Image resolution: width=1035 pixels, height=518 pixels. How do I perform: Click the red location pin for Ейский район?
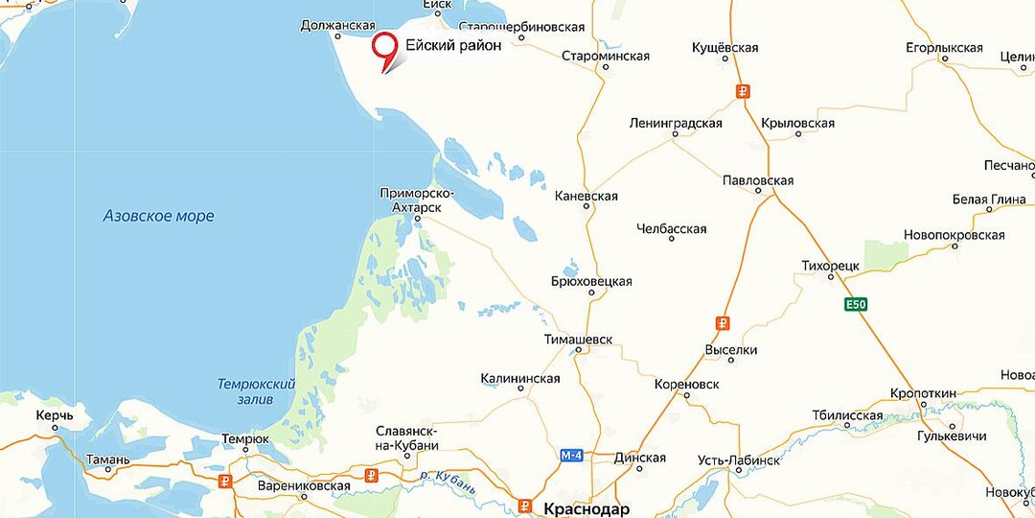[386, 48]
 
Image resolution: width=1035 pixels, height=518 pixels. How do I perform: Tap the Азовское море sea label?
[159, 216]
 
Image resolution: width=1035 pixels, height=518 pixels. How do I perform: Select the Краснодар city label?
[586, 507]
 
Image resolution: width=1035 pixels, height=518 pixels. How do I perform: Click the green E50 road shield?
[856, 305]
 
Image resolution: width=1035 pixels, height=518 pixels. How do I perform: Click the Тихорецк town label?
[831, 264]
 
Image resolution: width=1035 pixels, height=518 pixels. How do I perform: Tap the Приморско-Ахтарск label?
[417, 200]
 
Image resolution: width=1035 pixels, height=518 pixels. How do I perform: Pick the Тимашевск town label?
[577, 340]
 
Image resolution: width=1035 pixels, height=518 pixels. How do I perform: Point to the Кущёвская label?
[725, 47]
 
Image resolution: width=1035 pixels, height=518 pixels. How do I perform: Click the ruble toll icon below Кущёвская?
[743, 92]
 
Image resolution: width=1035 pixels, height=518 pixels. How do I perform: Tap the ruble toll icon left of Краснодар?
[526, 506]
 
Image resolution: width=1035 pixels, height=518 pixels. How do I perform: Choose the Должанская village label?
[336, 25]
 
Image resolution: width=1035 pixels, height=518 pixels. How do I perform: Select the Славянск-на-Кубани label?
[406, 436]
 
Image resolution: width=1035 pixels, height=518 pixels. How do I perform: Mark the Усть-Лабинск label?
[739, 460]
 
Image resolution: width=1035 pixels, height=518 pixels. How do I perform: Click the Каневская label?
[586, 196]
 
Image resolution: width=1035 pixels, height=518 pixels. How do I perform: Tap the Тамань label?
[107, 459]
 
